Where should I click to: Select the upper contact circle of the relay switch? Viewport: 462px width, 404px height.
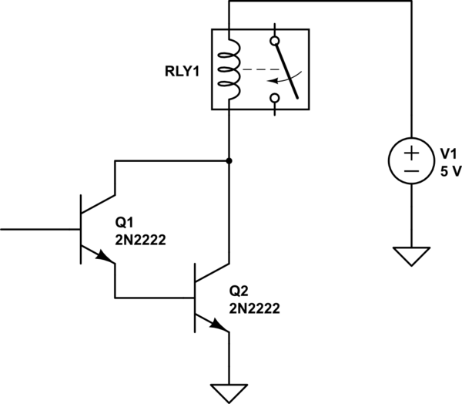(x=275, y=40)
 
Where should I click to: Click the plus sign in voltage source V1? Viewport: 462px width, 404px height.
(x=411, y=151)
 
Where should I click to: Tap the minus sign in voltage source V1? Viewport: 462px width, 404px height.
(x=411, y=170)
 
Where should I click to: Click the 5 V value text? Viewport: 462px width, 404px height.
(x=450, y=170)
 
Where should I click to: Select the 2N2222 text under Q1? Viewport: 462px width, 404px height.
(x=141, y=240)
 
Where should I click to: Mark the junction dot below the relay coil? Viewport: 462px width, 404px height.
(x=229, y=160)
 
